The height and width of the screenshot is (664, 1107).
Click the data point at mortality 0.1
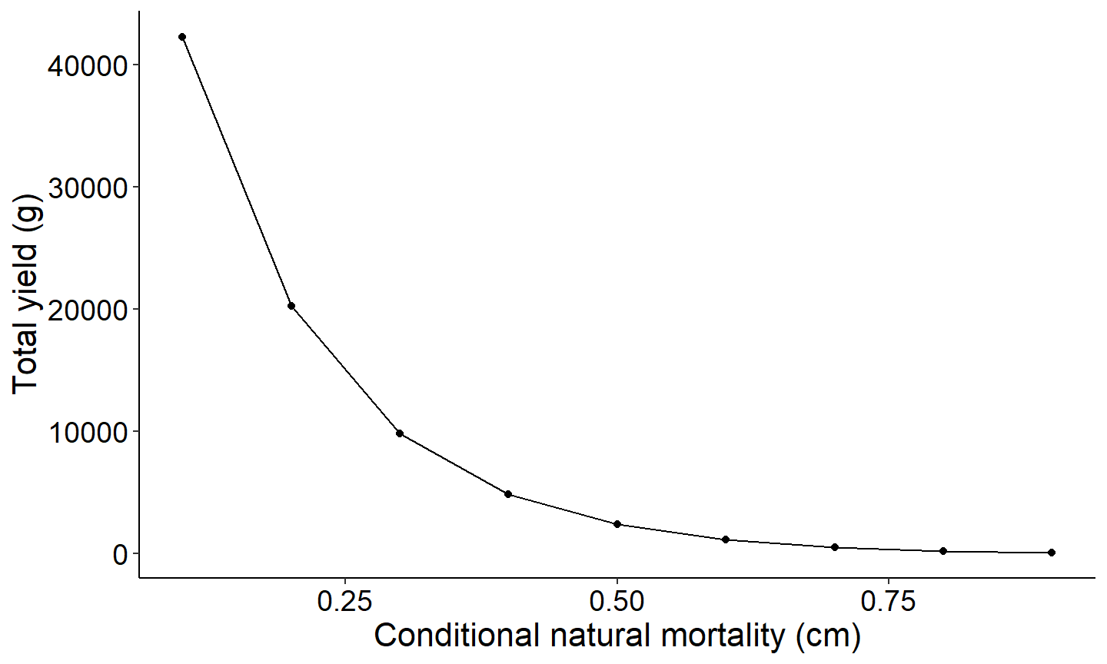point(182,37)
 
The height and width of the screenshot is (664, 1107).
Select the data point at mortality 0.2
point(291,306)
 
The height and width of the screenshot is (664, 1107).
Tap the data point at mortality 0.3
point(400,433)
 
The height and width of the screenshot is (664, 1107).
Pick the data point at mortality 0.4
point(508,494)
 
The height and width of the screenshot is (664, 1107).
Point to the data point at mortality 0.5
point(617,524)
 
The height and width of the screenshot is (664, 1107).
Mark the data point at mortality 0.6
point(726,539)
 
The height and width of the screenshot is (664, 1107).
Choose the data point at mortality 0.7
point(835,547)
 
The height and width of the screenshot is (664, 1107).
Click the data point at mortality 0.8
point(943,551)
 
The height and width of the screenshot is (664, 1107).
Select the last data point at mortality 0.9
point(1052,553)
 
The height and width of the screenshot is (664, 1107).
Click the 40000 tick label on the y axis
point(87,65)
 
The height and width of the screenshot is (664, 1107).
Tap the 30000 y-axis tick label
point(87,188)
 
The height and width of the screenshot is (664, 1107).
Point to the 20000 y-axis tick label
point(87,310)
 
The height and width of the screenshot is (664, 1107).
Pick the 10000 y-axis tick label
point(87,432)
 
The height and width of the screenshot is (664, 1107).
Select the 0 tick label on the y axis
point(120,554)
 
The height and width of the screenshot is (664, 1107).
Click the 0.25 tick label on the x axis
point(345,602)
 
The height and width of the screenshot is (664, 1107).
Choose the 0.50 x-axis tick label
point(617,602)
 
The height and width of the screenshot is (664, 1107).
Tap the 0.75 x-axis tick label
point(889,602)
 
